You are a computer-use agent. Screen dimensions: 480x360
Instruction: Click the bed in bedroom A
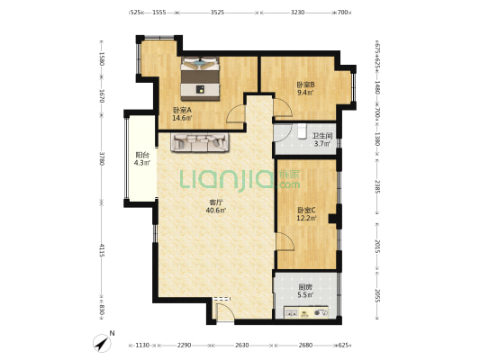200,78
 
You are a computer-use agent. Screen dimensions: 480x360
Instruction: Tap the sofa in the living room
200,142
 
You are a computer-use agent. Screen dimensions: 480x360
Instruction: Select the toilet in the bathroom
302,131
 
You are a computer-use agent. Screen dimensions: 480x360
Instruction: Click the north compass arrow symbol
103,344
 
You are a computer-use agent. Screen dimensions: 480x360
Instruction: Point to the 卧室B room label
305,85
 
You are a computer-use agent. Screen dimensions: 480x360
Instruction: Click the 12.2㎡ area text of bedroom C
306,218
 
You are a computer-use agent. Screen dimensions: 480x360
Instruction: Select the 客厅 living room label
216,202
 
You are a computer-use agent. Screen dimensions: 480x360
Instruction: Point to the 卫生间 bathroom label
322,136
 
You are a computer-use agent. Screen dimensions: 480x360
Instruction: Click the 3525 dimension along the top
217,13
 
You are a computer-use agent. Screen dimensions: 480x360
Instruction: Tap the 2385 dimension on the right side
377,186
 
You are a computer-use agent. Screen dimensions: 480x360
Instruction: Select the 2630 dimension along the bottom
241,346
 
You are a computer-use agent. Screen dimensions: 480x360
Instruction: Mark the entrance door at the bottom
225,310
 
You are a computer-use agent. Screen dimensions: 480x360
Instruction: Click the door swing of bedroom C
285,241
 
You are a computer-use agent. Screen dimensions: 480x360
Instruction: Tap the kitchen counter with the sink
306,312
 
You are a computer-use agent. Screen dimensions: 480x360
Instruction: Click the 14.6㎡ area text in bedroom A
182,117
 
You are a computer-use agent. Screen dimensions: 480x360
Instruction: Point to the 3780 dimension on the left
102,158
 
